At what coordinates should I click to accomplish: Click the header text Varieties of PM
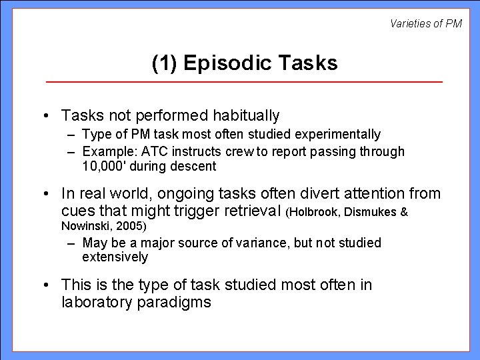(x=425, y=24)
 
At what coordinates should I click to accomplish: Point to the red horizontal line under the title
(x=244, y=81)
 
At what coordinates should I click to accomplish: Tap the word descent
(x=195, y=165)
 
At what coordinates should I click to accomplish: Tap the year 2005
(x=131, y=226)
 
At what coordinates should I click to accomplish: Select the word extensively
(x=115, y=257)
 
